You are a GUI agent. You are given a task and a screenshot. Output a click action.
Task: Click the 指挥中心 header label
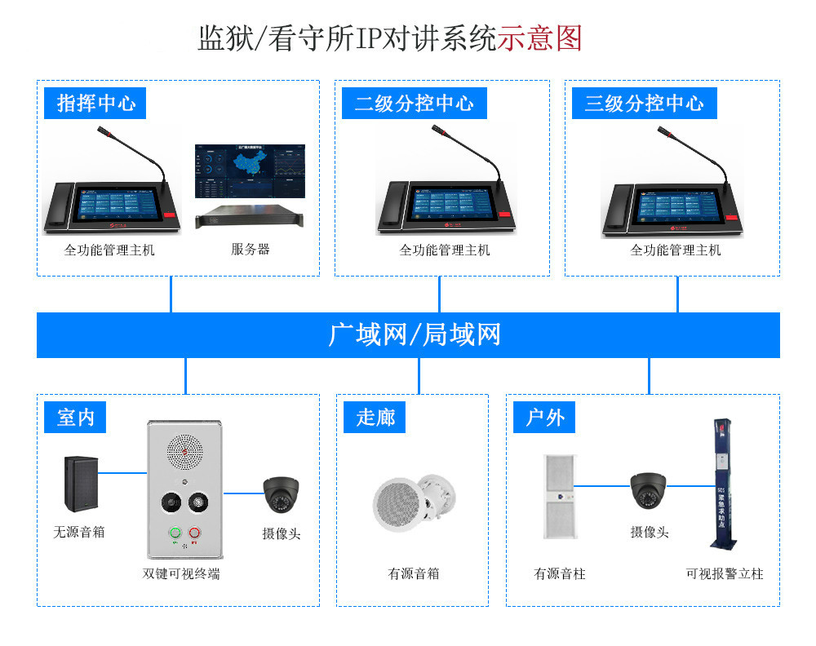[96, 104]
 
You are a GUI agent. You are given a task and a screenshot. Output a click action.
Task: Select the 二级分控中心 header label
[414, 104]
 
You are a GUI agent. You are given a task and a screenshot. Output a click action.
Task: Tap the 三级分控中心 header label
[644, 104]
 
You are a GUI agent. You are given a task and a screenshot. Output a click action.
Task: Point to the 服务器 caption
[250, 250]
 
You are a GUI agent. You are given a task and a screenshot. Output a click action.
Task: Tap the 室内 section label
[75, 418]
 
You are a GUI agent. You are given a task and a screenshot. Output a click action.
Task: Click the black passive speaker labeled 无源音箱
[80, 484]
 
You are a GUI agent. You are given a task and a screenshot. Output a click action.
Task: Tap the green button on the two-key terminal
[174, 534]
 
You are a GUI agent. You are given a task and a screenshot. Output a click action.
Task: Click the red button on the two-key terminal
[195, 534]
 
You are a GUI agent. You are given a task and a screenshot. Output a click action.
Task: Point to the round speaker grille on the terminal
[184, 448]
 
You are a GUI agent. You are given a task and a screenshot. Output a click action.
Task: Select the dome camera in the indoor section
[281, 494]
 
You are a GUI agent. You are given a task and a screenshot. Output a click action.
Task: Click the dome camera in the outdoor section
[649, 490]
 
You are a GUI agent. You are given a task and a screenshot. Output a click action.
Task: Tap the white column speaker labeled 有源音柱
[559, 496]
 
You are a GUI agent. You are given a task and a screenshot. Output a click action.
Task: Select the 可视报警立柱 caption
[724, 574]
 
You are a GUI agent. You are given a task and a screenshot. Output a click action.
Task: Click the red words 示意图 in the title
[539, 38]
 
